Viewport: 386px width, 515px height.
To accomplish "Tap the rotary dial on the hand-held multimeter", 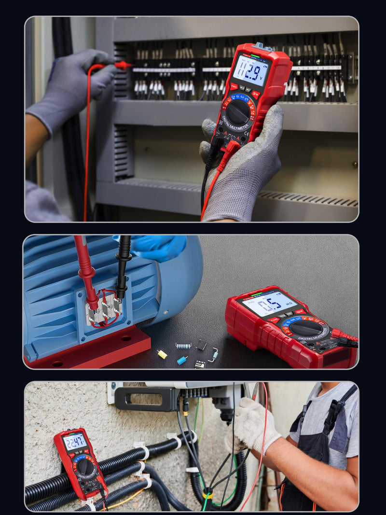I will pyautogui.click(x=238, y=112).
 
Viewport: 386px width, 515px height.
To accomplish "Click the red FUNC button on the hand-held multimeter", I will pyautogui.click(x=234, y=86).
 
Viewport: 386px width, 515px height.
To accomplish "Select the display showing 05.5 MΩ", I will pyautogui.click(x=269, y=304).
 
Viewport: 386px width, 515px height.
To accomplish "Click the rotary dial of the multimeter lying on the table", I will pyautogui.click(x=305, y=328).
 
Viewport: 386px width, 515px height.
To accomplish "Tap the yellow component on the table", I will pyautogui.click(x=162, y=354).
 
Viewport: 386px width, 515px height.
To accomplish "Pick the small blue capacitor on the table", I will pyautogui.click(x=182, y=360).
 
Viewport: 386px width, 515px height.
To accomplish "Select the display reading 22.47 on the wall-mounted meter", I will pyautogui.click(x=75, y=441).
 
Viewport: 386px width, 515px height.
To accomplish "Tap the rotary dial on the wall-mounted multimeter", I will pyautogui.click(x=85, y=467).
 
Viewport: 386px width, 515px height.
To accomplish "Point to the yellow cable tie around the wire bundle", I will pyautogui.click(x=208, y=494).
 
